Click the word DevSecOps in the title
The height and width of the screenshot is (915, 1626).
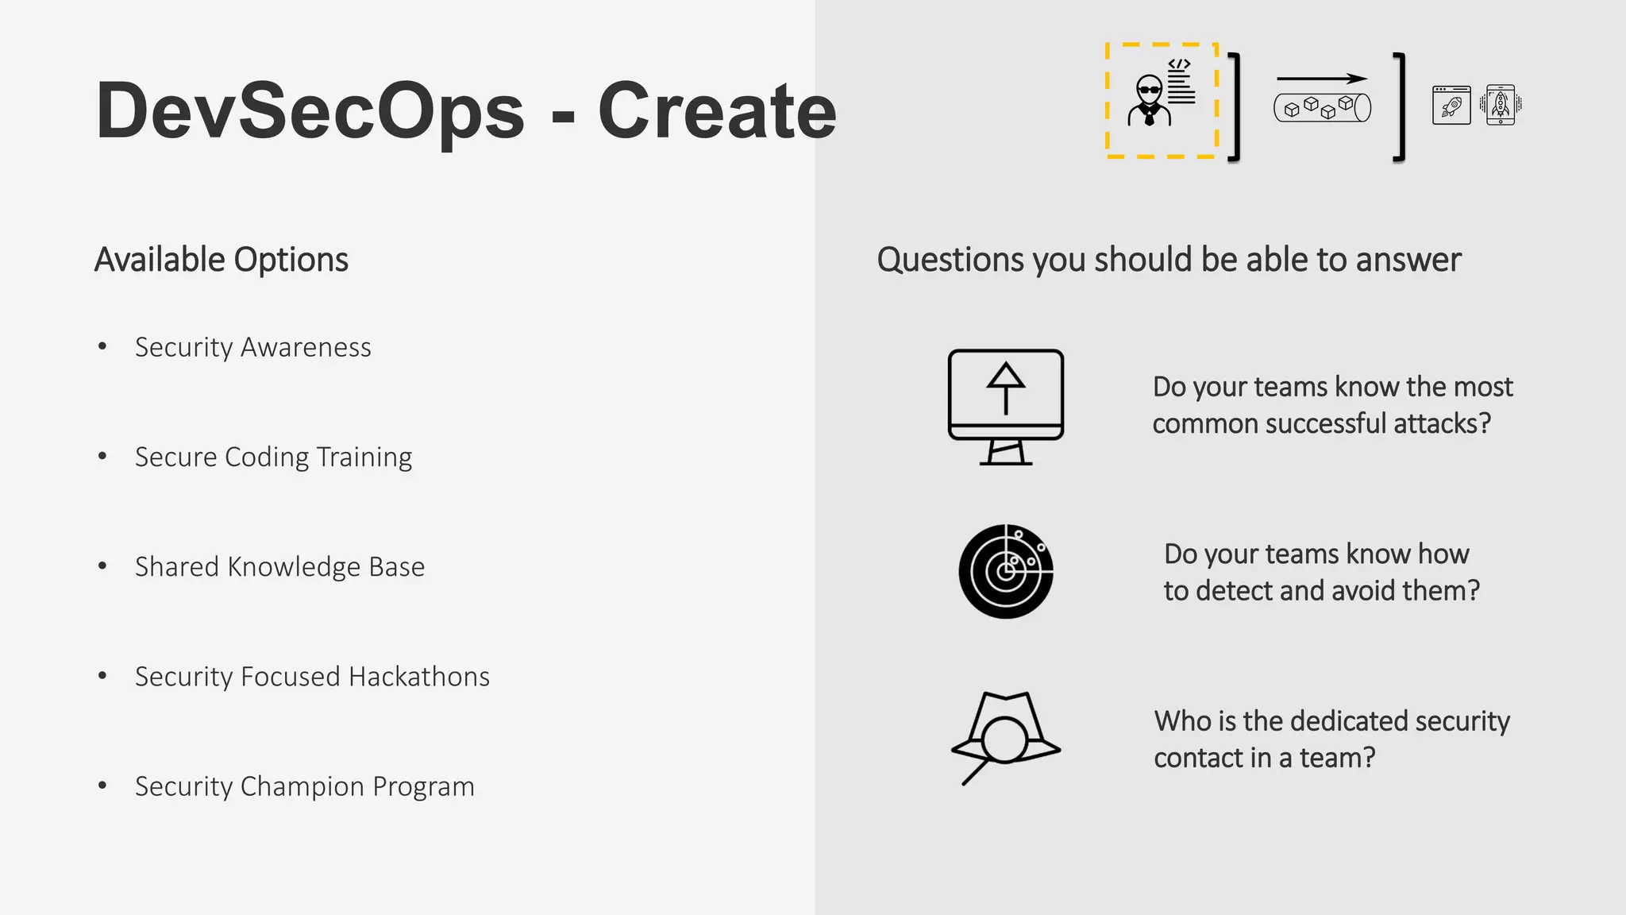click(x=310, y=111)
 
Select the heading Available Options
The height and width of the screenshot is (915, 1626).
click(x=221, y=260)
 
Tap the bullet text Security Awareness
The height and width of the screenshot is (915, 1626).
click(x=252, y=347)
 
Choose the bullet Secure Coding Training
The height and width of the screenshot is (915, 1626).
click(x=273, y=457)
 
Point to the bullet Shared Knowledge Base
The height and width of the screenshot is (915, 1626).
click(x=279, y=566)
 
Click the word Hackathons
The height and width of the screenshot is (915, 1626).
click(x=419, y=676)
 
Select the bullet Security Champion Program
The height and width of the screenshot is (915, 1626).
click(x=304, y=786)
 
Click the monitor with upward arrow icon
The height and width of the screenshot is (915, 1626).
click(x=1005, y=406)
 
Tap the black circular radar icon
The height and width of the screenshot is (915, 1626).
click(x=1005, y=571)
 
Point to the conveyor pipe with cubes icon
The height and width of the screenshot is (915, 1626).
click(x=1322, y=107)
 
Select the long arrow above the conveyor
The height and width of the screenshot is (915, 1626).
click(x=1321, y=79)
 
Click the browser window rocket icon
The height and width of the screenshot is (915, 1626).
click(x=1451, y=105)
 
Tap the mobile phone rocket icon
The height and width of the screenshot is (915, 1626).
click(x=1500, y=105)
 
